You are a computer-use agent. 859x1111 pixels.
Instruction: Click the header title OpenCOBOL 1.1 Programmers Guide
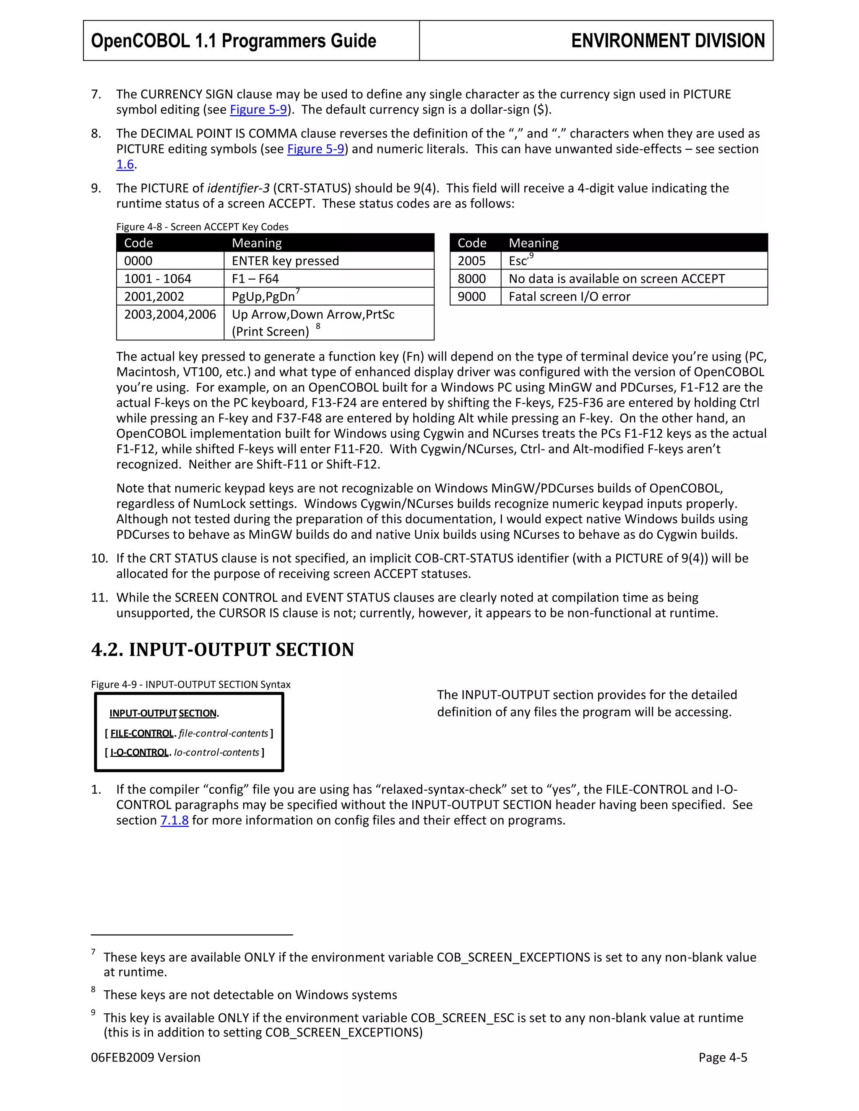tap(233, 41)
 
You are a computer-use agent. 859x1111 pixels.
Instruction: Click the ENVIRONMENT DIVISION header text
tap(668, 41)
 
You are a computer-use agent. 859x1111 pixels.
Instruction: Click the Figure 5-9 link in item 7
tap(258, 110)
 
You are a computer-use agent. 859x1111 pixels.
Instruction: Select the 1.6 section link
tap(125, 164)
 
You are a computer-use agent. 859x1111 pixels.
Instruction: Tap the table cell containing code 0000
tap(170, 261)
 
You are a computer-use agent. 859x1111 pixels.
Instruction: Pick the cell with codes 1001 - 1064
tap(170, 279)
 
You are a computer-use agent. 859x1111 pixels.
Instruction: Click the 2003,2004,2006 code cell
tap(170, 315)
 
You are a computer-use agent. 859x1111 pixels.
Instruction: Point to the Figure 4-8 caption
tap(202, 227)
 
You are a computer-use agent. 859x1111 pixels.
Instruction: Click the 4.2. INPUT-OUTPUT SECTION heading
tap(222, 649)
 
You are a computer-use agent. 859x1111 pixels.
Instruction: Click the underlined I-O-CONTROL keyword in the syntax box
tap(139, 753)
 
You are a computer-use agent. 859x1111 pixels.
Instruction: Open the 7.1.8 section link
tap(174, 820)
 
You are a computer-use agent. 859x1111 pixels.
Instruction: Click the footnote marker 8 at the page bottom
tap(93, 989)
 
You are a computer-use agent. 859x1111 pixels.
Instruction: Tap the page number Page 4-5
tap(723, 1058)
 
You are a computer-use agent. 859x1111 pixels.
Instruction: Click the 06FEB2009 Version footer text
tap(146, 1058)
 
